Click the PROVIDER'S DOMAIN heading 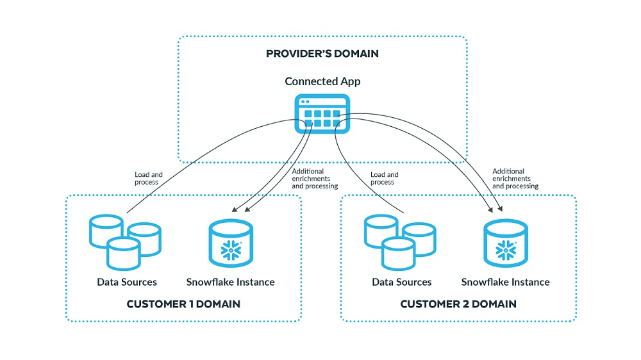point(322,54)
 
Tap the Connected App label point(322,81)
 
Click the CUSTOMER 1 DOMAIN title point(183,304)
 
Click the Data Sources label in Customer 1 point(127,282)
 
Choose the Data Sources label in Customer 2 point(402,282)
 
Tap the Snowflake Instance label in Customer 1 point(230,282)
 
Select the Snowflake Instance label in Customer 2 point(505,282)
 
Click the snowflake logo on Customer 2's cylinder point(506,250)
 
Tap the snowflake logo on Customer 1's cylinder point(231,250)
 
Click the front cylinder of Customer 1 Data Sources point(123,252)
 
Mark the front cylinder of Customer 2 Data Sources point(398,252)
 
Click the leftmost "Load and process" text point(149,178)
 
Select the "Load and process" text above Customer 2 point(385,178)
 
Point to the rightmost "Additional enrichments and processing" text point(515,179)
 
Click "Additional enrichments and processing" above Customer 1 point(314,179)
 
